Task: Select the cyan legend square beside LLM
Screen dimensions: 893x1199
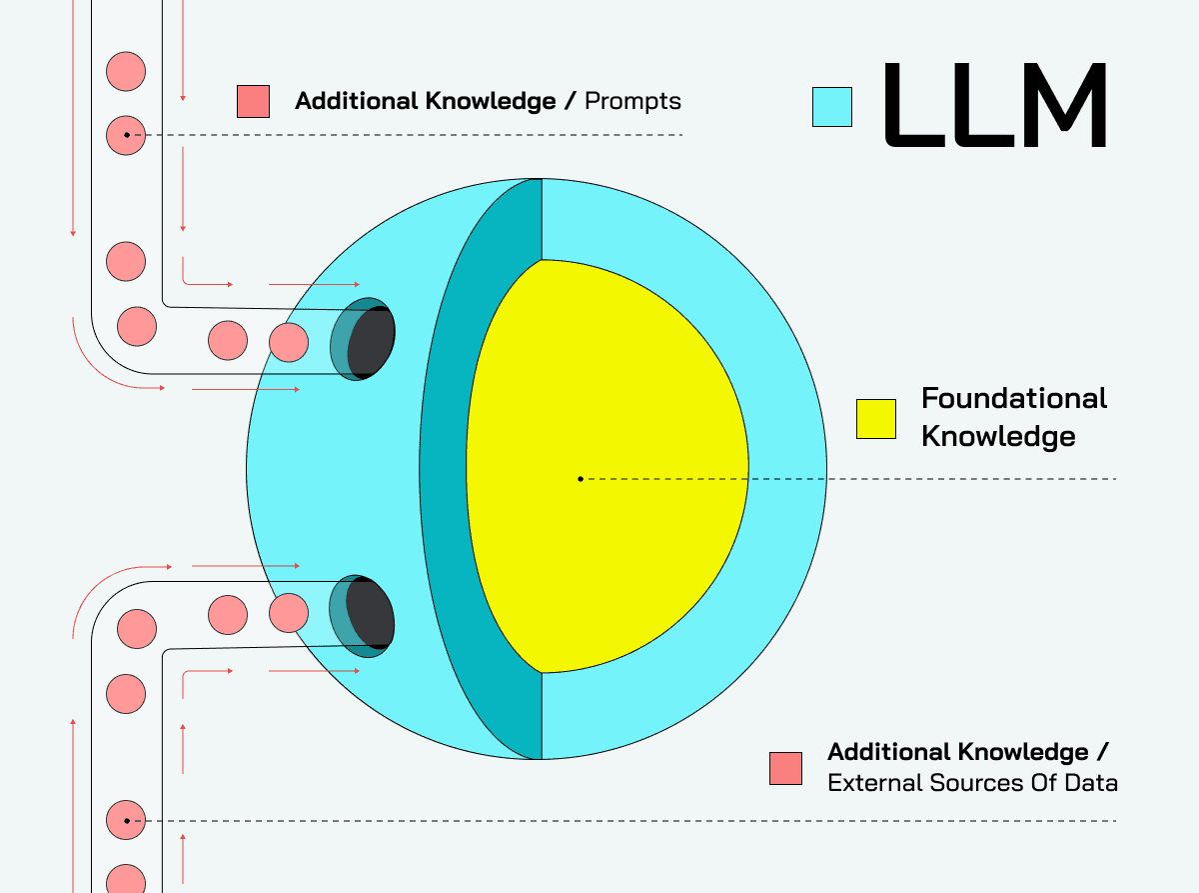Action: coord(832,106)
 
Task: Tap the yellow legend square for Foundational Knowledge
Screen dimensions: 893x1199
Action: coord(876,419)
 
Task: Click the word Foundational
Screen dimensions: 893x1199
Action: coord(1013,398)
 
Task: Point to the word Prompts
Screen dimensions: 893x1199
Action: coord(632,101)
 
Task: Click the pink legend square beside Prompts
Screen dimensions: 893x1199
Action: coord(253,101)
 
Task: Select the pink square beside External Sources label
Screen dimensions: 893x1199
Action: coord(785,768)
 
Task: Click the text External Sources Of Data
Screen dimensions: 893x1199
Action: coord(972,782)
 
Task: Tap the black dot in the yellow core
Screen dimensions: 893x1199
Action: coord(581,479)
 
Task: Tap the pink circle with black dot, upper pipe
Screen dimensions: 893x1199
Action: coord(126,134)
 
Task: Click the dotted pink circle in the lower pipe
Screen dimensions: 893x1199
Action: coord(126,820)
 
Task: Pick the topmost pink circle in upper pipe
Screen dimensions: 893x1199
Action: coord(126,72)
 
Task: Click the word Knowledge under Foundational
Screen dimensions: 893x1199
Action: coord(997,436)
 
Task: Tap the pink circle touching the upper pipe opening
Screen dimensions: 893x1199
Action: coord(290,341)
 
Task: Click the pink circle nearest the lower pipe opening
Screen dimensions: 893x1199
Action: coord(289,613)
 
